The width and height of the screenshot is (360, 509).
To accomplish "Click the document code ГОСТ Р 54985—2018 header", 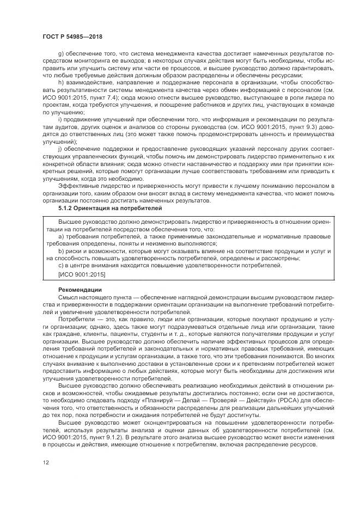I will pyautogui.click(x=72, y=36).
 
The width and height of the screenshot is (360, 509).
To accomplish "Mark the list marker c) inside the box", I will pyautogui.click(x=60, y=265).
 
